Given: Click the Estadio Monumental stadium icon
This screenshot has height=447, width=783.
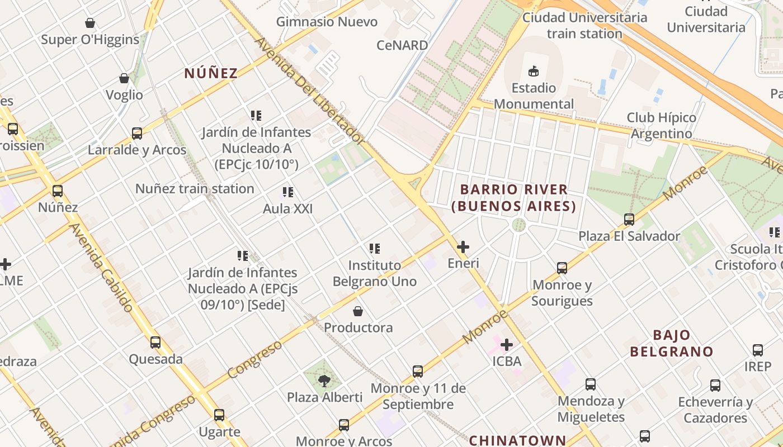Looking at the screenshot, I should [x=534, y=71].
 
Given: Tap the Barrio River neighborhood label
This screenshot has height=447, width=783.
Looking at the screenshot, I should [x=513, y=198].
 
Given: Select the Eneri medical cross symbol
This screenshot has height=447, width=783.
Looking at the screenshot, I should [x=463, y=246].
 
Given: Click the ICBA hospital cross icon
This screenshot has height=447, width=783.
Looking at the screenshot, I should [x=507, y=345].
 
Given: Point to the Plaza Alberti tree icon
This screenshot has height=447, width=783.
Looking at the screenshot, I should [x=324, y=381].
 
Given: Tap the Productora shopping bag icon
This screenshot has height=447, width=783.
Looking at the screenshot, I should [x=358, y=311].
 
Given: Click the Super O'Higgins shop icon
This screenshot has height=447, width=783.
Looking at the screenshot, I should [x=90, y=23].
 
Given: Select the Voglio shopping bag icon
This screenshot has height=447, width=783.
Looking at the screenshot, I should [x=124, y=79].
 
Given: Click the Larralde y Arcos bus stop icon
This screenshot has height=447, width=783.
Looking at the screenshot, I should [x=137, y=134].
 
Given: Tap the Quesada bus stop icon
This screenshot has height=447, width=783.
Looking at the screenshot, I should [x=155, y=343].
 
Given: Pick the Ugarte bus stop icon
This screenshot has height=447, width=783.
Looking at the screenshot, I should [x=219, y=415].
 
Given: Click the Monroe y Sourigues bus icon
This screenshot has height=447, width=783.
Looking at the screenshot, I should [x=562, y=268].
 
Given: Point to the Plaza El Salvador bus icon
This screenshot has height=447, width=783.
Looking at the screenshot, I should [x=629, y=220].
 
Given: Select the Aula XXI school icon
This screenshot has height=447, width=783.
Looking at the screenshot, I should [x=288, y=193].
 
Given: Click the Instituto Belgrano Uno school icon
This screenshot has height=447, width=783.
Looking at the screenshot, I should [x=375, y=249].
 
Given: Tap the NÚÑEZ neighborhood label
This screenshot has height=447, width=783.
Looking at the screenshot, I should [x=211, y=73].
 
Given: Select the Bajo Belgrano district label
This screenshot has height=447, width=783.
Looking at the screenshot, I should [x=672, y=343].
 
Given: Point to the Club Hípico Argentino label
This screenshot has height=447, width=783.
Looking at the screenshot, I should [x=662, y=126].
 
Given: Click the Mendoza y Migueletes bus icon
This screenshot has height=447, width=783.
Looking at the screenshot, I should [x=591, y=384].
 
